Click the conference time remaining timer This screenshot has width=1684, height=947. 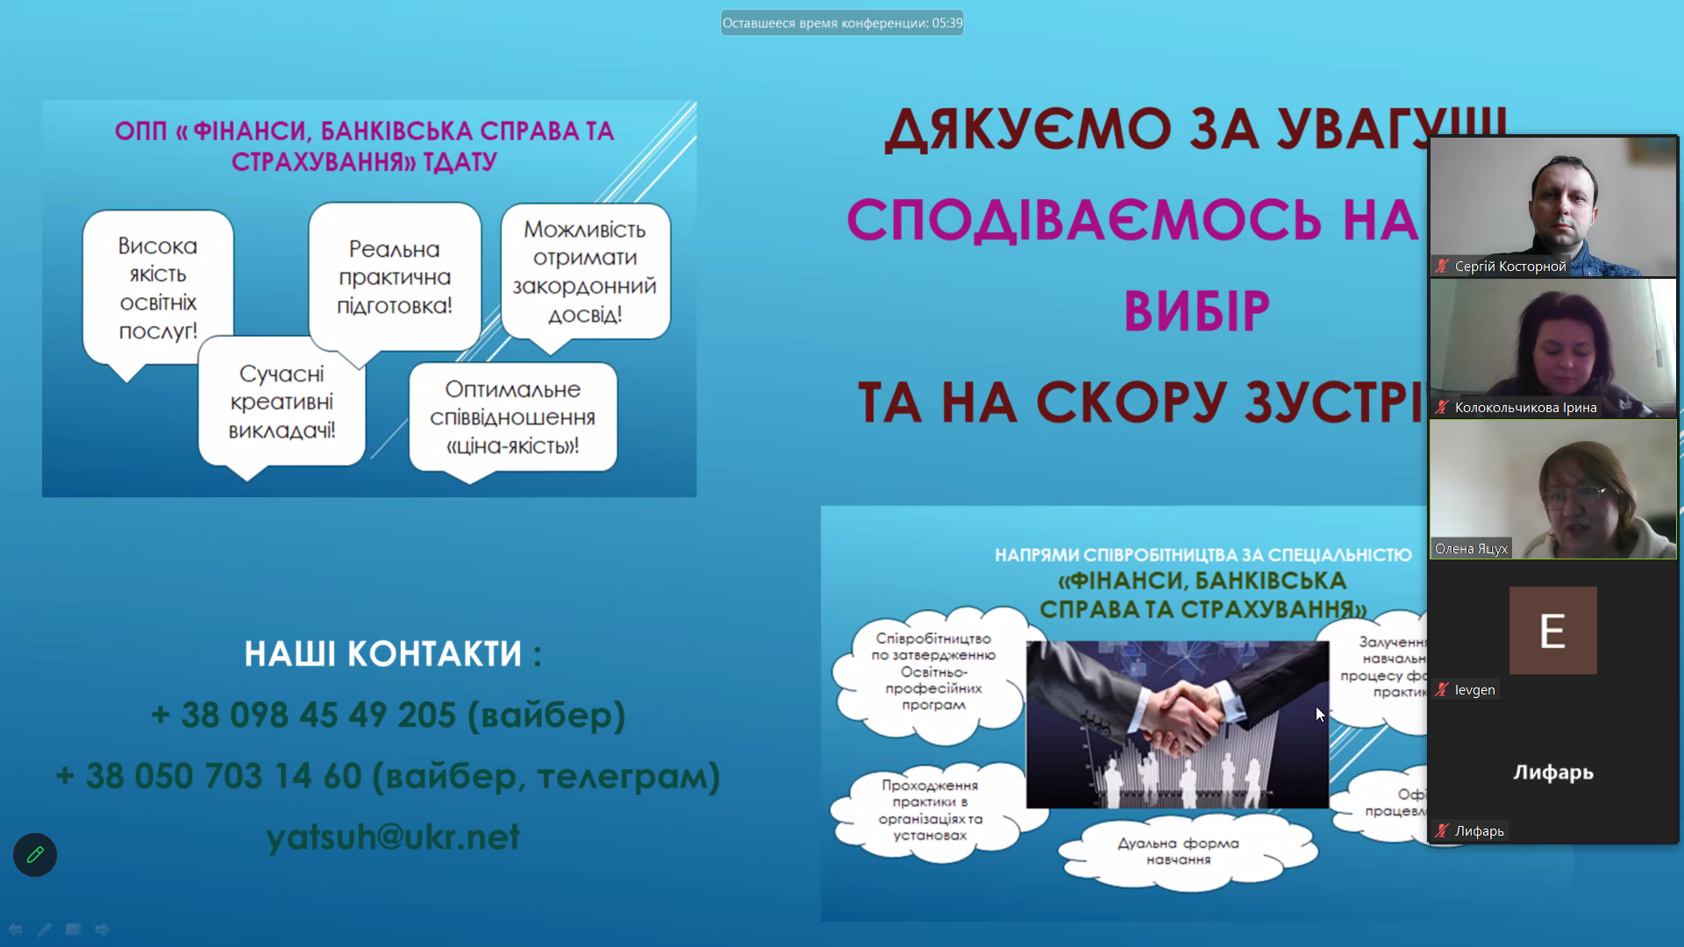842,23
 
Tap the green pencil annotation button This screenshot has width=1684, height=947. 35,855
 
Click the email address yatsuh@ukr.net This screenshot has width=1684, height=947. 393,837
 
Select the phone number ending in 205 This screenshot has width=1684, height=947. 388,715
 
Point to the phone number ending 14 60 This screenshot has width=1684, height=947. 388,776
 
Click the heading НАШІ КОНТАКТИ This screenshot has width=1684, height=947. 392,653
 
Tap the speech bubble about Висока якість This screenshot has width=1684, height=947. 158,288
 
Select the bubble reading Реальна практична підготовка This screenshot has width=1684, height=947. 395,277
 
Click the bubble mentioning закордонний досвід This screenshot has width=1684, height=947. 585,272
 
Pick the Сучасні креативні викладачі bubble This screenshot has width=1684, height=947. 282,402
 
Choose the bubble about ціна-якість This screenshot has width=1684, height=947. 513,417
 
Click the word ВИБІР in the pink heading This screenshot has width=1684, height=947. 1196,310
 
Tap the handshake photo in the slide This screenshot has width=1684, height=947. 1177,724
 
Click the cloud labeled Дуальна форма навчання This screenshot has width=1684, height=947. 1178,851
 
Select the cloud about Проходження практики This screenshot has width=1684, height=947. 930,810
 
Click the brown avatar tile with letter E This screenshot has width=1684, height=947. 1552,630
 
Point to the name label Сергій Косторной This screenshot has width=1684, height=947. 1509,267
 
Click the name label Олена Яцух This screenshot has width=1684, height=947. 1471,549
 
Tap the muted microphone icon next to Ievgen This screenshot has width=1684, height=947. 1442,690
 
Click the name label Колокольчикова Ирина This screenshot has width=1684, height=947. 1525,408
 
